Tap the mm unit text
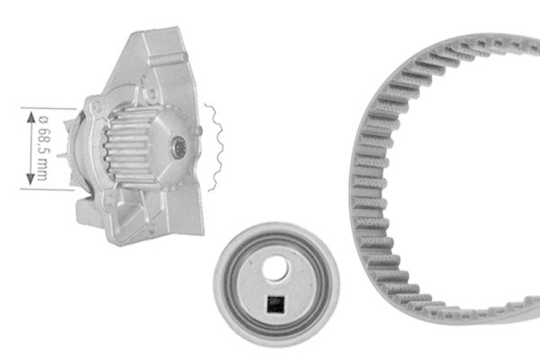click(42, 170)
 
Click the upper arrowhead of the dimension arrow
click(31, 118)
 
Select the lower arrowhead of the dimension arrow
click(30, 179)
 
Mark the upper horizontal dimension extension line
click(48, 109)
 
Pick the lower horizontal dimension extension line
click(47, 189)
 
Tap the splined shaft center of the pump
click(179, 147)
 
